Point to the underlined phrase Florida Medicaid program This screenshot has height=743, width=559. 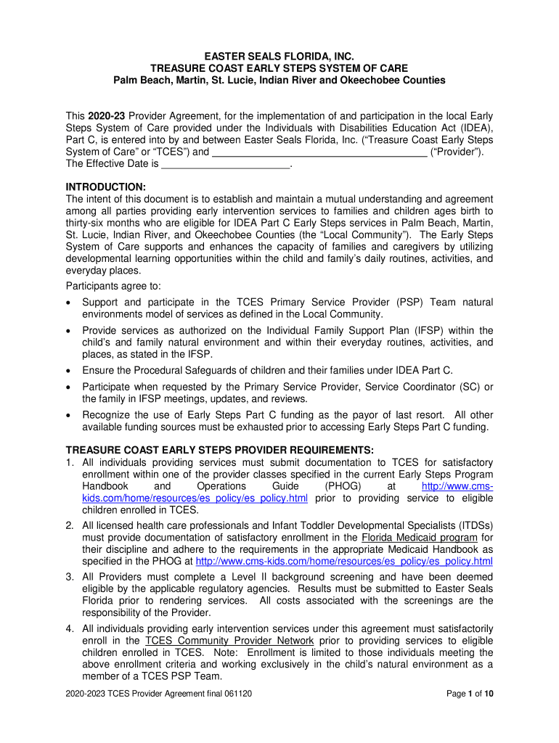419,538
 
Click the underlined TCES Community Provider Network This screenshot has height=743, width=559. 229,641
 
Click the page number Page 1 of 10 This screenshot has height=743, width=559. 470,694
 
